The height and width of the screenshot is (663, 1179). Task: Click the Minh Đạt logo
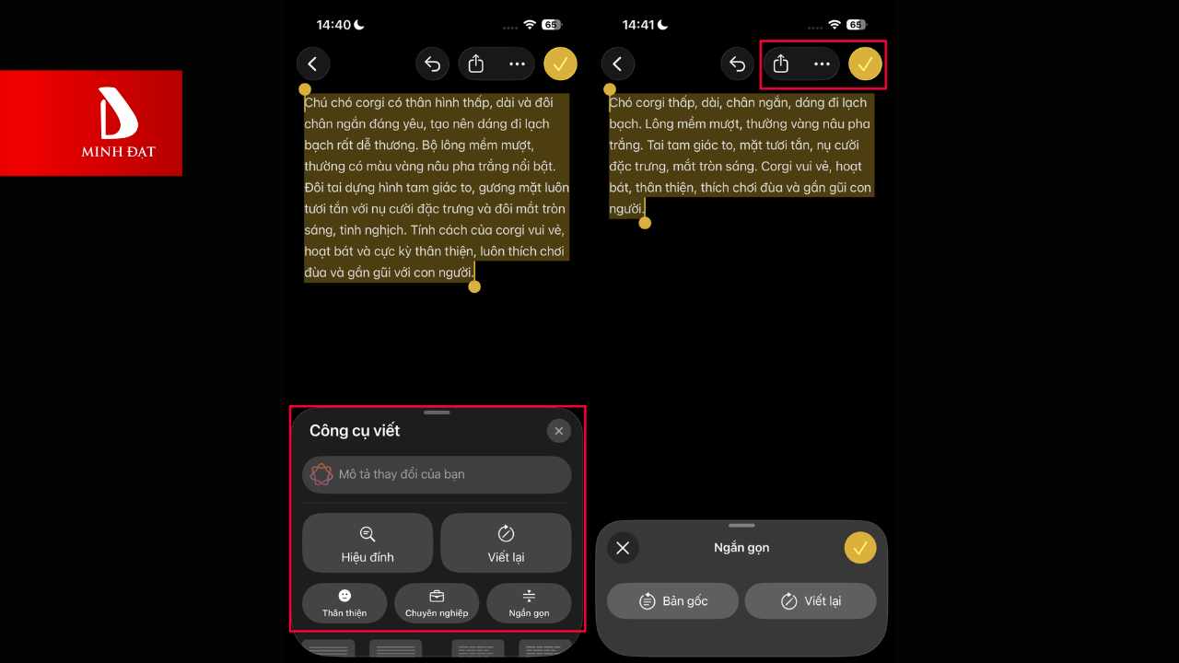(x=118, y=122)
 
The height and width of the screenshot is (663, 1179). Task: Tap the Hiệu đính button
(x=368, y=543)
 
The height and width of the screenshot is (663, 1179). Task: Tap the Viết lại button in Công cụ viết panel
(x=506, y=543)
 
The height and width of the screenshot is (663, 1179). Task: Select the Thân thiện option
(x=344, y=603)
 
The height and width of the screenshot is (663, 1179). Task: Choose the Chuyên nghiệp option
(x=437, y=603)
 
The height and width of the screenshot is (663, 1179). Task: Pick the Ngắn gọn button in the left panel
(x=529, y=603)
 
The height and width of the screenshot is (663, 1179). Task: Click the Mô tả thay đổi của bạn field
(x=437, y=474)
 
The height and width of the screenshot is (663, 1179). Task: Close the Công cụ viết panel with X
(x=558, y=431)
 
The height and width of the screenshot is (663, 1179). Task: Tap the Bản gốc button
(x=672, y=601)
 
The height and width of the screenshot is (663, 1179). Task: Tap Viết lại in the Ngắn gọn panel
(x=811, y=601)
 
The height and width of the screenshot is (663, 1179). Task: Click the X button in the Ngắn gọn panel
(x=623, y=548)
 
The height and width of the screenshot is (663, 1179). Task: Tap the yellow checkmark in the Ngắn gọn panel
(x=860, y=548)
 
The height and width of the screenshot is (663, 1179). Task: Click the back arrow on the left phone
(x=313, y=64)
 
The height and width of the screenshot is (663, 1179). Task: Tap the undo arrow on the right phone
(x=737, y=64)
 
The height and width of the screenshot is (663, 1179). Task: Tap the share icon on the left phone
(x=476, y=64)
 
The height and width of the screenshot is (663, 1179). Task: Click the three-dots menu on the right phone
(x=822, y=64)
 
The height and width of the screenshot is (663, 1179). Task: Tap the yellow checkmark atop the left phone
(x=560, y=64)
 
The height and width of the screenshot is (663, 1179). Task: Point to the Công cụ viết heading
(x=355, y=431)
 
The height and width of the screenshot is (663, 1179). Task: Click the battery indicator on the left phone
(x=552, y=25)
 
